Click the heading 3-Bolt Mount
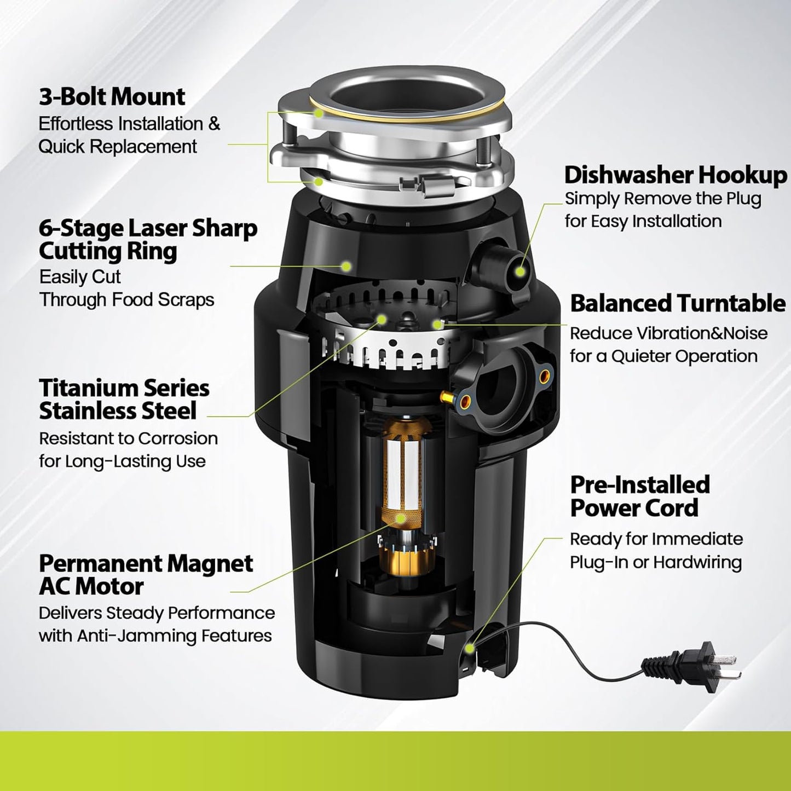pyautogui.click(x=112, y=97)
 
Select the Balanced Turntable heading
pyautogui.click(x=678, y=303)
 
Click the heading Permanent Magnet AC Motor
pyautogui.click(x=146, y=575)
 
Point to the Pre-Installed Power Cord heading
pyautogui.click(x=639, y=496)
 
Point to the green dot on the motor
pyautogui.click(x=401, y=518)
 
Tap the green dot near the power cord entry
pyautogui.click(x=469, y=648)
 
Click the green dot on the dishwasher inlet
pyautogui.click(x=521, y=270)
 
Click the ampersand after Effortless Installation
pyautogui.click(x=214, y=124)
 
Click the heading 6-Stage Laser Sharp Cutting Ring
pyautogui.click(x=148, y=240)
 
